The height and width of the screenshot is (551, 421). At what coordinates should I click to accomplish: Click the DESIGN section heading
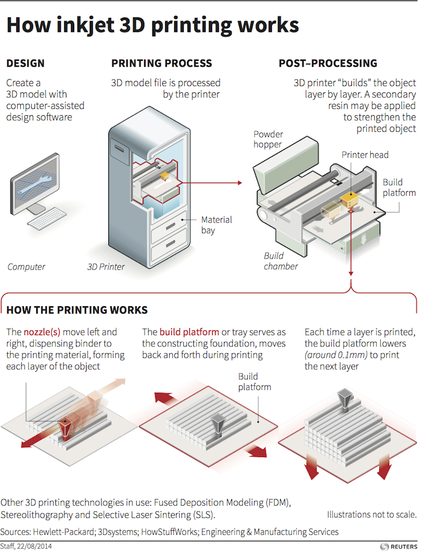point(25,64)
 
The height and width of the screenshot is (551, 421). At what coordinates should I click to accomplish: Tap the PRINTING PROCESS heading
point(161,64)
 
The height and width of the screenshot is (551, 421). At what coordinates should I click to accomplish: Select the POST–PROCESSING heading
point(328,64)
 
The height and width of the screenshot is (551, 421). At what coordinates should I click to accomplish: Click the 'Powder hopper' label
point(269,140)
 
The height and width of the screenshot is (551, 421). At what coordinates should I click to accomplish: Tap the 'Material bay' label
point(216,225)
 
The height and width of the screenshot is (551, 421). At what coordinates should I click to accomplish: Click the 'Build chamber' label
point(281,261)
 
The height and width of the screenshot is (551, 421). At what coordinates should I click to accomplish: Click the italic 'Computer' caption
point(26,267)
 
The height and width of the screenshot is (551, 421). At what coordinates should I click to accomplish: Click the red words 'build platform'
point(189,332)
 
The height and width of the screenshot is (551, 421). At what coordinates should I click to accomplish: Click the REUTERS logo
point(399,546)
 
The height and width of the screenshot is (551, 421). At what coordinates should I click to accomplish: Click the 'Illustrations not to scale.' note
point(371,515)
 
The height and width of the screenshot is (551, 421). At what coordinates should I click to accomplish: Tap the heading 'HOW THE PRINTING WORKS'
point(77,310)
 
